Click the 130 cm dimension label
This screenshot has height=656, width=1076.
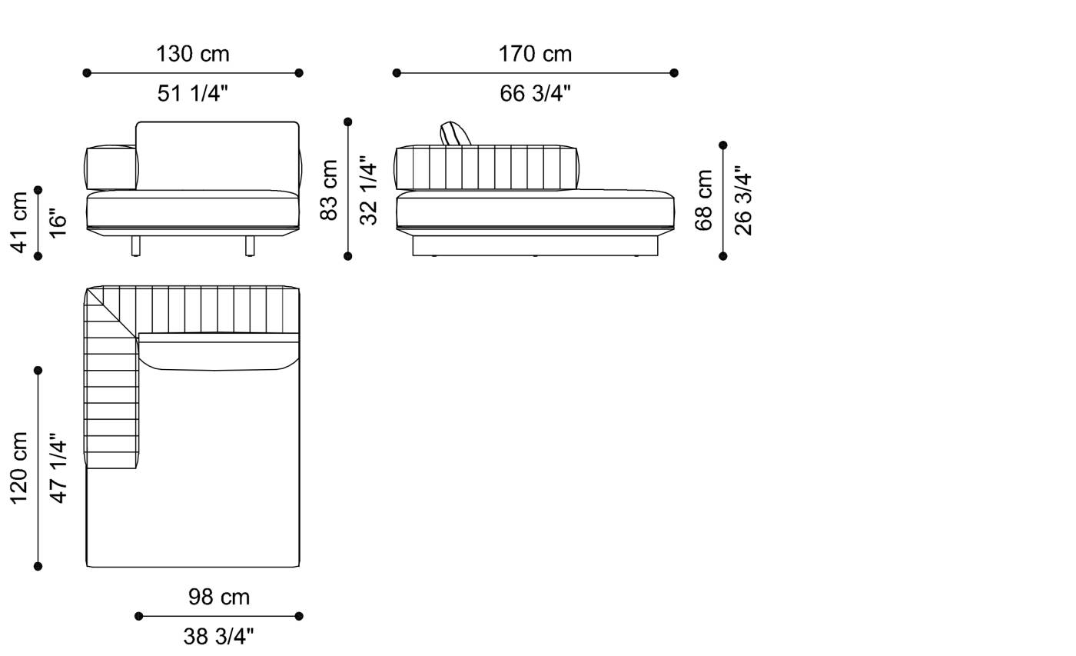click(192, 54)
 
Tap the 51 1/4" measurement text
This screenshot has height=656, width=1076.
click(192, 94)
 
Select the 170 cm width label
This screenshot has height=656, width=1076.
click(535, 54)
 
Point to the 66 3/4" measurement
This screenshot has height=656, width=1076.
click(535, 94)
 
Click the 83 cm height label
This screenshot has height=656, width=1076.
click(329, 190)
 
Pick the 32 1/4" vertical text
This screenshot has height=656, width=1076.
click(369, 190)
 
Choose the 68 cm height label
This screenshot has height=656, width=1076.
click(703, 201)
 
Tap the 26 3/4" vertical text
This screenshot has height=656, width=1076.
click(743, 201)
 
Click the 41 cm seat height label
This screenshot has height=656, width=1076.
click(19, 222)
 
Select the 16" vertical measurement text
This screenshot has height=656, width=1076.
click(58, 222)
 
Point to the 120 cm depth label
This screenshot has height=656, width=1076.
click(19, 468)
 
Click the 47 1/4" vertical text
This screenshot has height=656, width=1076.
click(58, 468)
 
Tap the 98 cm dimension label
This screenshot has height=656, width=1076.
click(219, 597)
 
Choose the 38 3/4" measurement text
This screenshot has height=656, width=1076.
click(219, 636)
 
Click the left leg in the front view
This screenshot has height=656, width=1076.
click(136, 245)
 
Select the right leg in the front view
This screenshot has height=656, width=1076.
click(250, 245)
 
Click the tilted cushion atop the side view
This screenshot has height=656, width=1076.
click(453, 134)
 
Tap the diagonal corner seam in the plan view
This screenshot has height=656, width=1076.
click(112, 311)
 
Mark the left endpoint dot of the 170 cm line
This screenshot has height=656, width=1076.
click(397, 73)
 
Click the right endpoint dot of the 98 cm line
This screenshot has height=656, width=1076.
click(299, 616)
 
